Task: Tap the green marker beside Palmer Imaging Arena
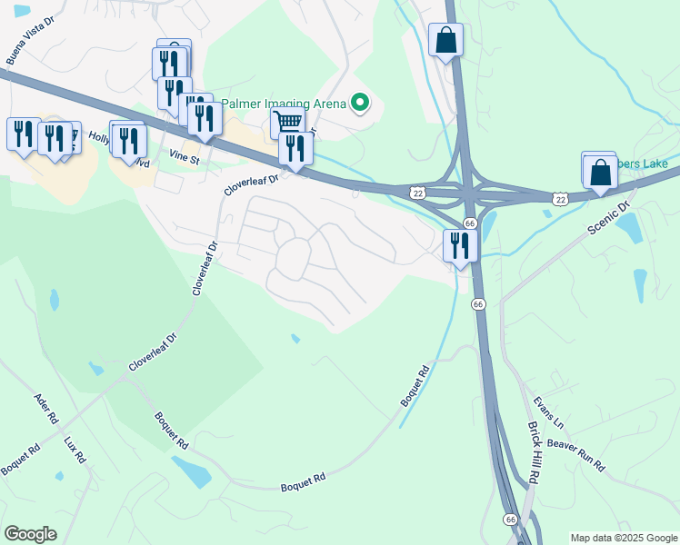361,104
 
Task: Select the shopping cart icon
287,121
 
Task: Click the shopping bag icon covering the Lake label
601,171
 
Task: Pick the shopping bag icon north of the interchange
445,41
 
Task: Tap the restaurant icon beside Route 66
460,245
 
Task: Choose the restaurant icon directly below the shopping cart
294,149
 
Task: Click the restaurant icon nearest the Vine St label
205,120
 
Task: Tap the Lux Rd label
75,451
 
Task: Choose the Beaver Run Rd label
576,451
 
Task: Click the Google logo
30,534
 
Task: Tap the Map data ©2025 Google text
623,538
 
